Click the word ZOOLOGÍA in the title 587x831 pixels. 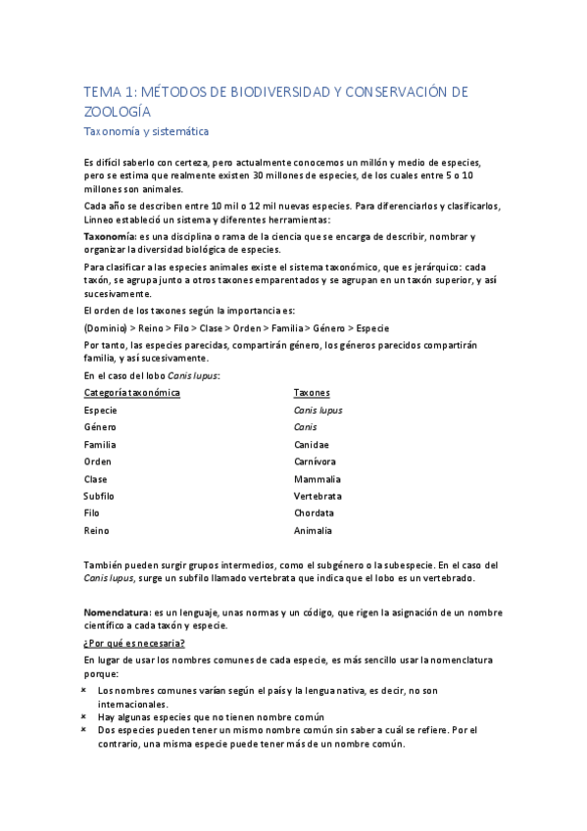(x=117, y=111)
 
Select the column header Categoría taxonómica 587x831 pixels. (x=131, y=392)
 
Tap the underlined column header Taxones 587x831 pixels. (x=312, y=392)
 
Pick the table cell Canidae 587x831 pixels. (x=312, y=444)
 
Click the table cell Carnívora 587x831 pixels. (x=315, y=462)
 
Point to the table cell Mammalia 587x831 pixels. (x=317, y=479)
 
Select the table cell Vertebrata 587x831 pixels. (x=318, y=496)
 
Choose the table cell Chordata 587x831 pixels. (x=314, y=513)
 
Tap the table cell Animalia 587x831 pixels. (x=313, y=530)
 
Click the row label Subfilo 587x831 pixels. (x=99, y=496)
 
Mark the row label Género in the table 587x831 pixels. (x=100, y=427)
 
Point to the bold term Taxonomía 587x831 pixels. (x=110, y=237)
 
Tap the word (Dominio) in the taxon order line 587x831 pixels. (x=106, y=328)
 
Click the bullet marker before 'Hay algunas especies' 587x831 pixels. (x=86, y=716)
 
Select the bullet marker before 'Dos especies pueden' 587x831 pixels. (x=86, y=730)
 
